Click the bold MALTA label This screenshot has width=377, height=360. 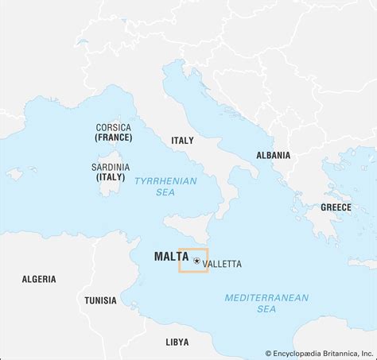pyautogui.click(x=171, y=257)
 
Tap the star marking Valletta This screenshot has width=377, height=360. pyautogui.click(x=196, y=260)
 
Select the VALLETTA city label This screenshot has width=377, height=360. pyautogui.click(x=222, y=264)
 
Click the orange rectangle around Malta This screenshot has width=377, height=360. pyautogui.click(x=193, y=271)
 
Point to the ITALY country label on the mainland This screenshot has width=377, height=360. pyautogui.click(x=182, y=141)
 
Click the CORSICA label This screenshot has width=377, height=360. pyautogui.click(x=113, y=127)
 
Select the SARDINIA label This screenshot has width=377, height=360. pyautogui.click(x=111, y=167)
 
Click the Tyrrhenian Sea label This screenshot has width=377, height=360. pyautogui.click(x=165, y=186)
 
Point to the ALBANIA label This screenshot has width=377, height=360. pyautogui.click(x=273, y=156)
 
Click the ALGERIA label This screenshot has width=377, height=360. pyautogui.click(x=39, y=279)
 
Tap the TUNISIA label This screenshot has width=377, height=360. pyautogui.click(x=100, y=300)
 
